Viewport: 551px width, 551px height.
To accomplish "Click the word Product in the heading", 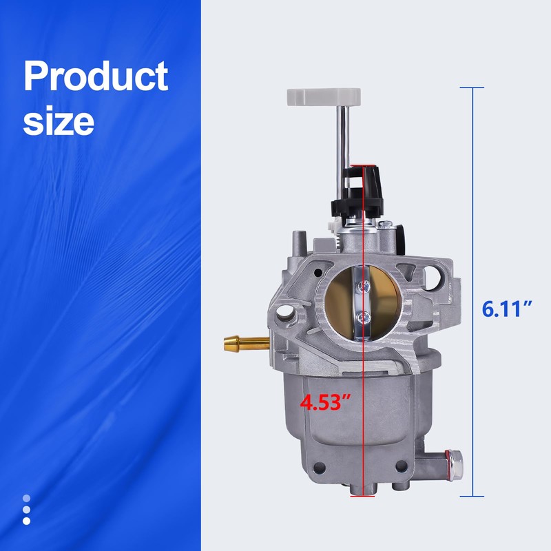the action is click(96, 76).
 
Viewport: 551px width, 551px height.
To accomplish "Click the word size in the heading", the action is click(59, 121).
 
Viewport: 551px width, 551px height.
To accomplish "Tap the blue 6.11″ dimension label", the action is click(506, 309).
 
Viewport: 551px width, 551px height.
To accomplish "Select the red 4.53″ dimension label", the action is click(325, 402).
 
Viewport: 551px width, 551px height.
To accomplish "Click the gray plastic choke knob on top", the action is click(324, 96).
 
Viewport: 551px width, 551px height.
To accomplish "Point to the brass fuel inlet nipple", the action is click(247, 342).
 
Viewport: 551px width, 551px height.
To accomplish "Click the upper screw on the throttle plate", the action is click(364, 287).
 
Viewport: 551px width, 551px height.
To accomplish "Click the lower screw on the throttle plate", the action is click(363, 319).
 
